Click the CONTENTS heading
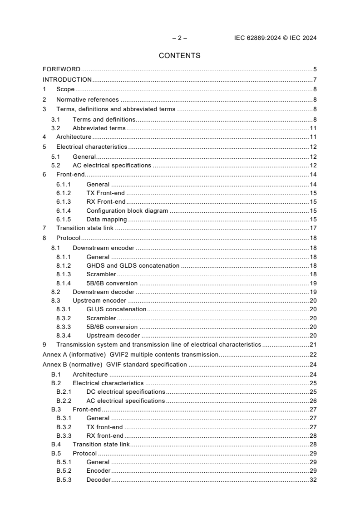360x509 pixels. tap(180, 56)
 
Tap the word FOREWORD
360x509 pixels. tap(61, 69)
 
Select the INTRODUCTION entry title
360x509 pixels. tap(67, 79)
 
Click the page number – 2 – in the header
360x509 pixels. tap(180, 38)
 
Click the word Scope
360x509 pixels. tap(65, 89)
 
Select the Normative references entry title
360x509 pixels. tap(88, 99)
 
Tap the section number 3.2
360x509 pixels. tap(56, 128)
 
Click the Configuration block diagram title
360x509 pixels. tap(127, 210)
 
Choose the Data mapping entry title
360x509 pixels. tap(107, 220)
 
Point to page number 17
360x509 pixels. tap(313, 228)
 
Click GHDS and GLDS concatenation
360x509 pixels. tap(133, 265)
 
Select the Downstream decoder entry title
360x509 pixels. tap(104, 292)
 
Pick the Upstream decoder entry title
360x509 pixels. tap(113, 336)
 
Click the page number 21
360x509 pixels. tap(313, 344)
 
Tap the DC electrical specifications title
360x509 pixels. tap(126, 392)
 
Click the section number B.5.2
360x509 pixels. tap(64, 471)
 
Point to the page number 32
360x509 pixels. tap(313, 480)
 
